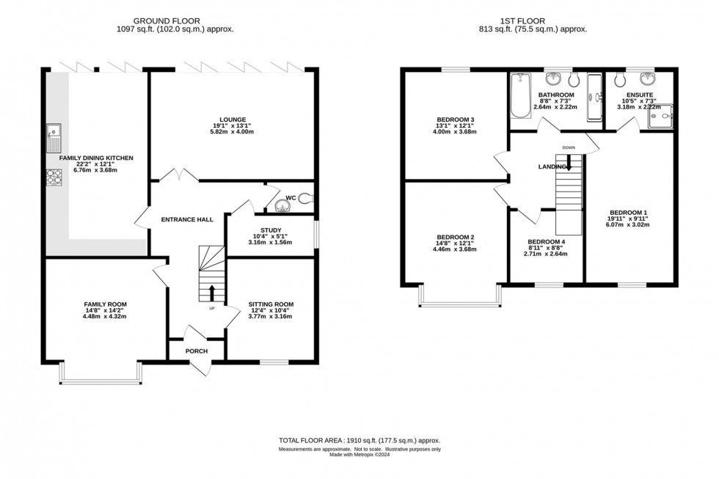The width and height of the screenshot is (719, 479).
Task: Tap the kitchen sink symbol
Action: [x=54, y=134]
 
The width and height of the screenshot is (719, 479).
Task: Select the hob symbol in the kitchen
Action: [x=54, y=177]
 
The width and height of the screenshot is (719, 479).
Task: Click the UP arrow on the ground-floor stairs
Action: [x=212, y=292]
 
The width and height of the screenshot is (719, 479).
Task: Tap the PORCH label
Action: [x=196, y=351]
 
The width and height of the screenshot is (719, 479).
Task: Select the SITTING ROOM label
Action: [x=271, y=304]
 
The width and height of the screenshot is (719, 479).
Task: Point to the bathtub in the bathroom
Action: [x=519, y=95]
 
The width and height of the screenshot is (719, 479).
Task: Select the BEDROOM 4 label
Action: [x=546, y=241]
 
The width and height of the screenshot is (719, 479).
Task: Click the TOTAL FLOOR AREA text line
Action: [x=359, y=440]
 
